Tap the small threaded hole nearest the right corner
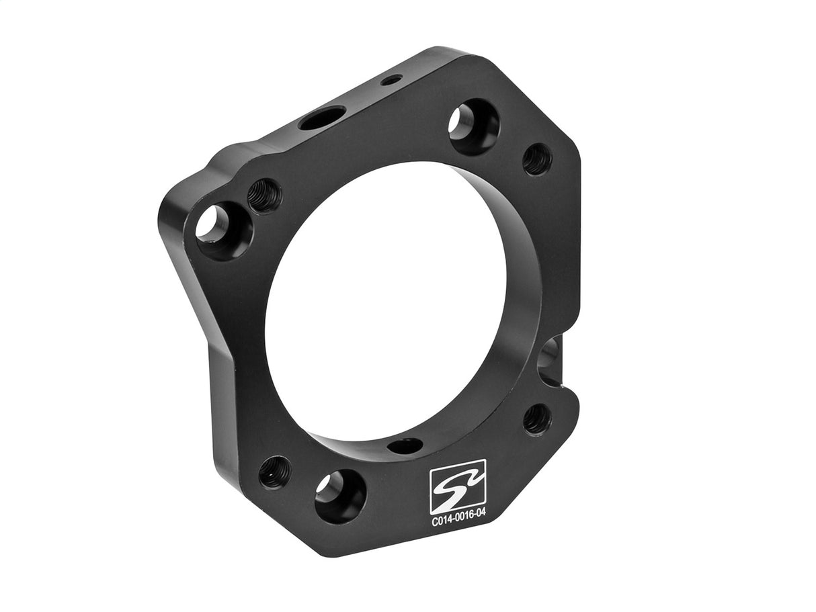[x=537, y=159]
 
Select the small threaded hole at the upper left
[x=265, y=195]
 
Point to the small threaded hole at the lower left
[x=275, y=472]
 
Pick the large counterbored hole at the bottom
[x=340, y=496]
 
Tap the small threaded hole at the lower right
[x=537, y=419]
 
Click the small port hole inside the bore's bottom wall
[x=405, y=445]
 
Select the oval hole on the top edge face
[x=322, y=118]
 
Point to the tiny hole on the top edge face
[x=391, y=80]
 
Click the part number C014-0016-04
[x=458, y=520]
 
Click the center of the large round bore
[x=386, y=302]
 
